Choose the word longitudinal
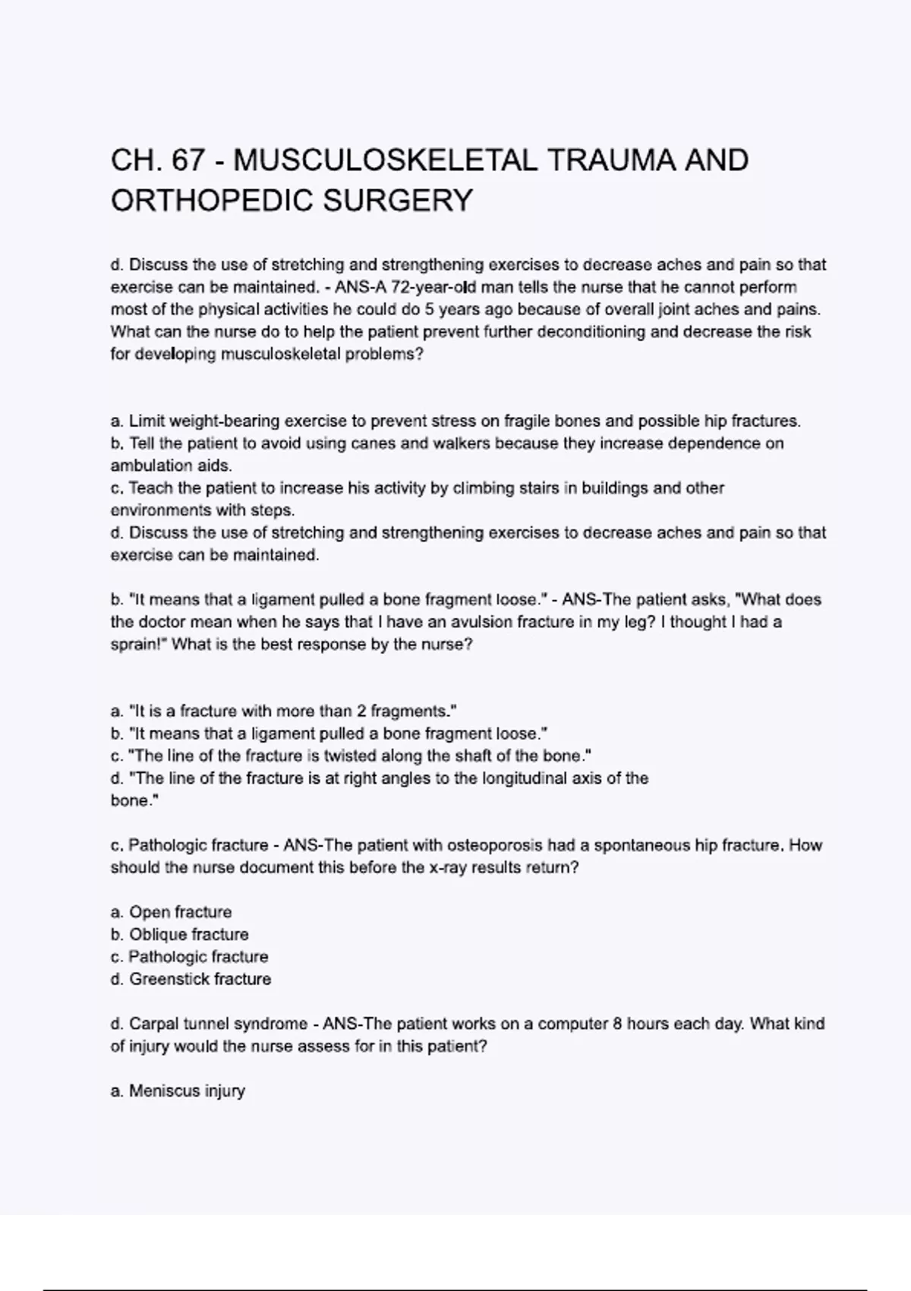coord(515,778)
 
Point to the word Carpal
coord(154,1024)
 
